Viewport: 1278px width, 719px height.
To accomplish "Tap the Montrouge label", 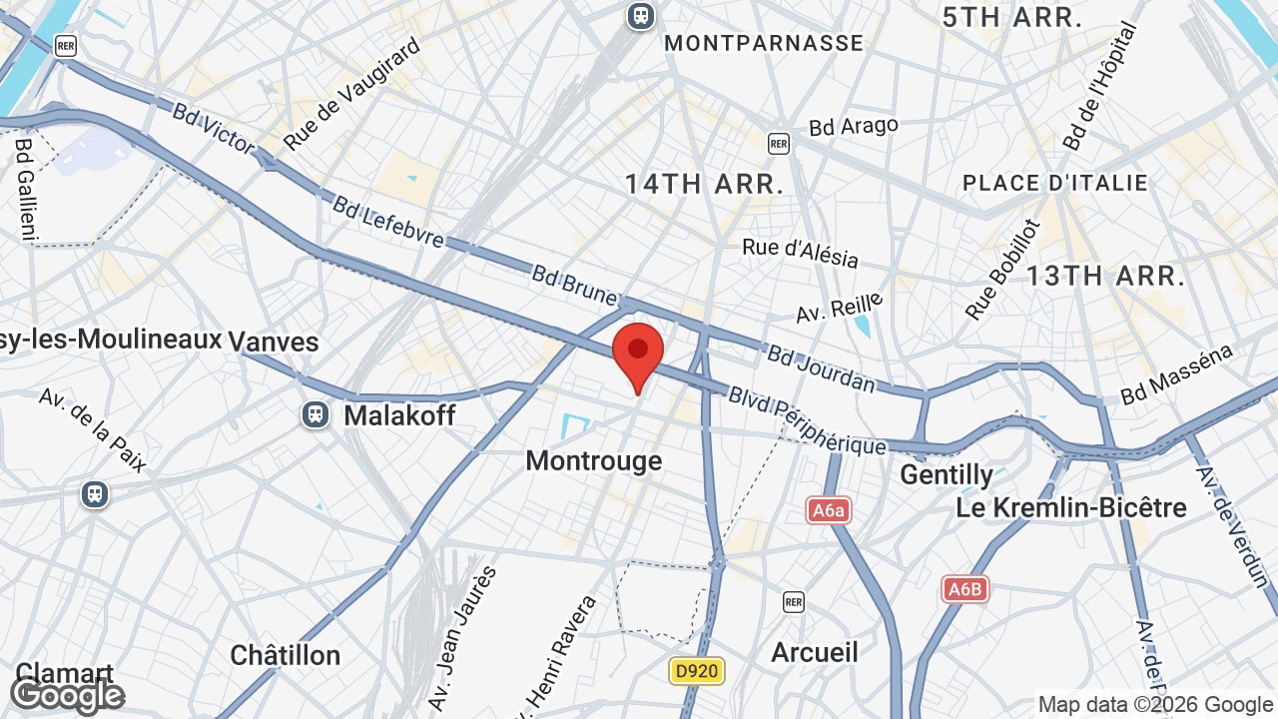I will point(593,460).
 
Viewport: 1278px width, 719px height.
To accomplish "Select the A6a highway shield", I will point(829,511).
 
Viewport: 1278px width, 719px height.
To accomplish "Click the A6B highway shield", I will point(964,589).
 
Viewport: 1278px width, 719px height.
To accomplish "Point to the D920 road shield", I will point(696,671).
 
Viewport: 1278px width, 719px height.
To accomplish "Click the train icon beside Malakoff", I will point(316,414).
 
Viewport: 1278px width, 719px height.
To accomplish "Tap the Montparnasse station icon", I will point(640,15).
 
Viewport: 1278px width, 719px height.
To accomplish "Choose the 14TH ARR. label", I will point(704,184).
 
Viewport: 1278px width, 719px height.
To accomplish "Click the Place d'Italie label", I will point(1054,183).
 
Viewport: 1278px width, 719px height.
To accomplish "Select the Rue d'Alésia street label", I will point(800,252).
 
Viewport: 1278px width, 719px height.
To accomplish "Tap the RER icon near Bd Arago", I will point(779,143).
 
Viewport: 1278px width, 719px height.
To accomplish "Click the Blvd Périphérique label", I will point(807,420).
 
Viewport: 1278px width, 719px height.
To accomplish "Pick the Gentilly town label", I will point(947,474).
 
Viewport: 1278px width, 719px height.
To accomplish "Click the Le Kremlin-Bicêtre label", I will point(1071,507).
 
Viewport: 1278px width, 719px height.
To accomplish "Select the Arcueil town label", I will point(815,652).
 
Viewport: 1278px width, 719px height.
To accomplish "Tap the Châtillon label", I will point(285,655).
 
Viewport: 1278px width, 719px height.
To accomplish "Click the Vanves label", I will point(274,342).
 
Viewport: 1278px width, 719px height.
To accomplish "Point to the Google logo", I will point(67,695).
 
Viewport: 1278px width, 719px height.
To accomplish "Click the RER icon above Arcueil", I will point(793,601).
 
